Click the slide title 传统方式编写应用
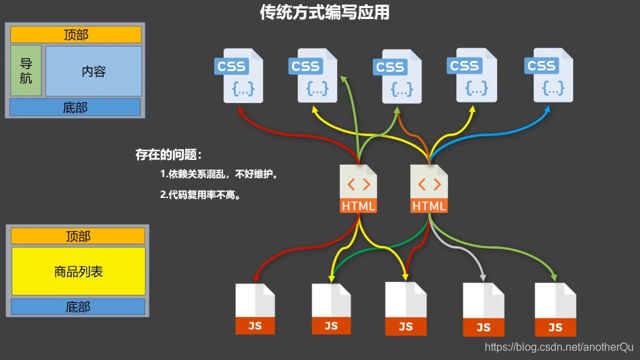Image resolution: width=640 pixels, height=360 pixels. (325, 13)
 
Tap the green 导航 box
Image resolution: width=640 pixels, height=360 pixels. (26, 71)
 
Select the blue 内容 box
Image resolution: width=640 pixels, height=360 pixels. (94, 71)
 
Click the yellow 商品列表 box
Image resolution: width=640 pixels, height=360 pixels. (78, 271)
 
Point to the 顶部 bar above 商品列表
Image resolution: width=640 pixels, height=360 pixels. (78, 236)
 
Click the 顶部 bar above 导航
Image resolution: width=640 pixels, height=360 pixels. (76, 35)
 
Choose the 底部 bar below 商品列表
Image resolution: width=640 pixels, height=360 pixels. (78, 307)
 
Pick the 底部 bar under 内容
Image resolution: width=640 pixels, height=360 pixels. (75, 107)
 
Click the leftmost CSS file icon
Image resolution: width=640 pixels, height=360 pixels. (239, 75)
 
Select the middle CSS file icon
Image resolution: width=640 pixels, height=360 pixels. (397, 77)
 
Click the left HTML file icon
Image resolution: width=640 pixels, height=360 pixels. (358, 189)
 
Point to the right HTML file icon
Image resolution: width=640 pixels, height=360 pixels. (429, 189)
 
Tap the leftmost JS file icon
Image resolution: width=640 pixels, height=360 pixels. (255, 308)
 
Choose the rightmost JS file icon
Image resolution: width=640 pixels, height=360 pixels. (555, 309)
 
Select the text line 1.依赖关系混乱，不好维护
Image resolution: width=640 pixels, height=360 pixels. (220, 174)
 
